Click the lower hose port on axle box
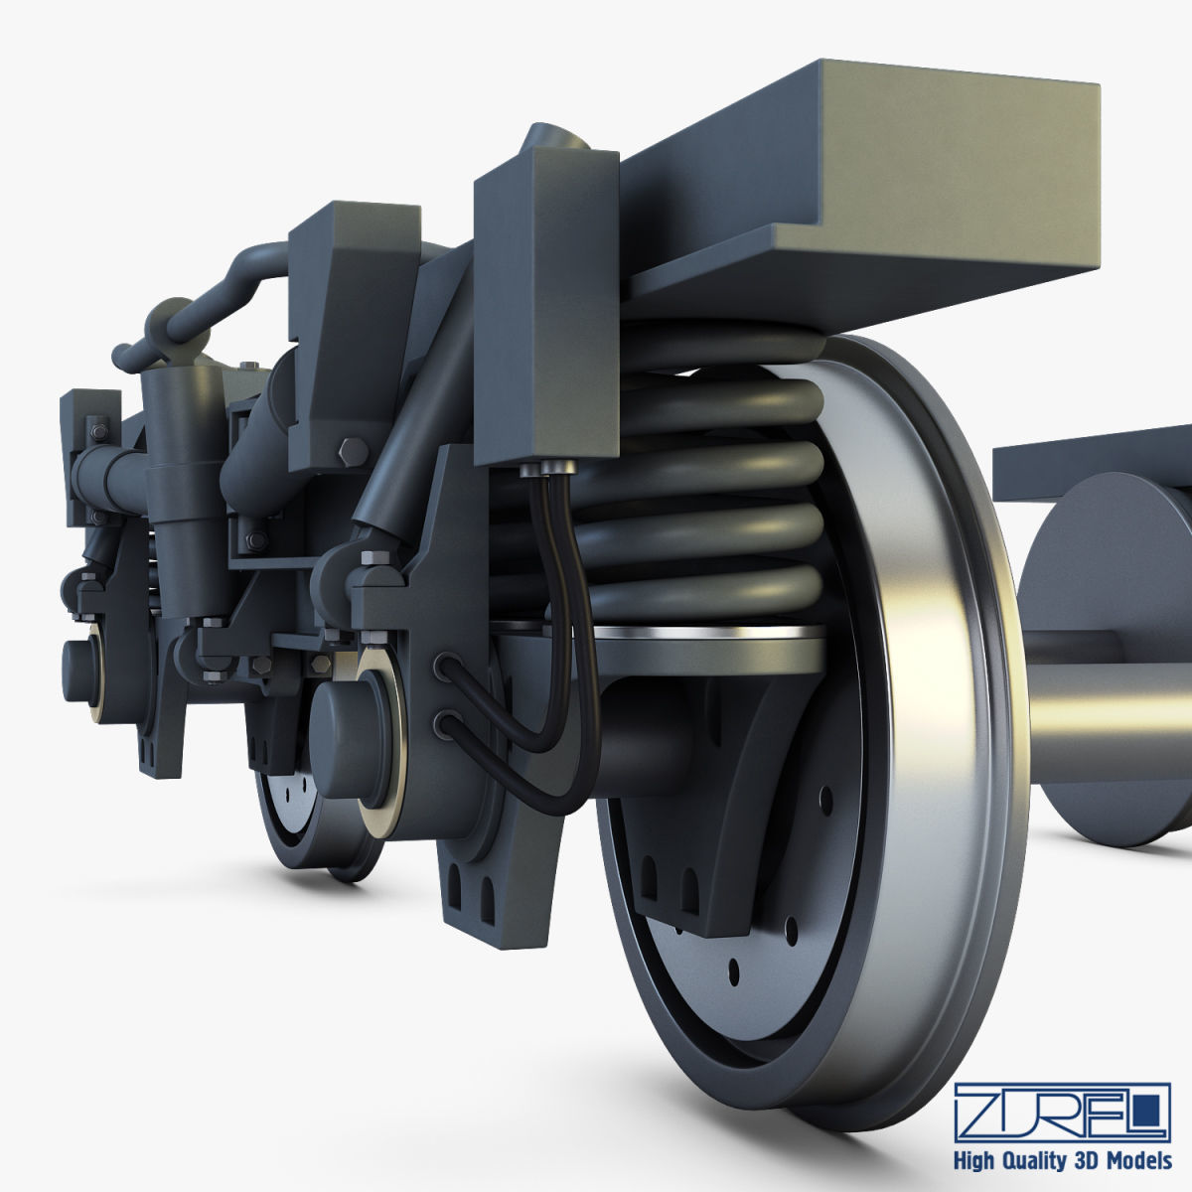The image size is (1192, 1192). (x=445, y=723)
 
